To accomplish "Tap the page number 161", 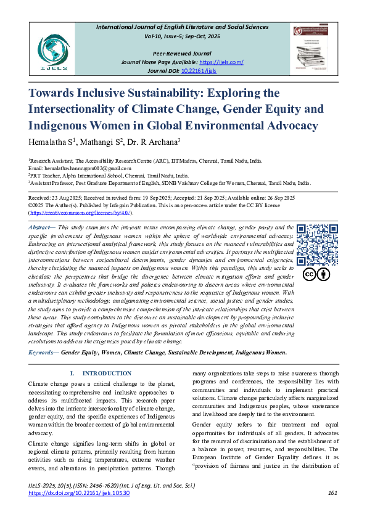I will [332, 492].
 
